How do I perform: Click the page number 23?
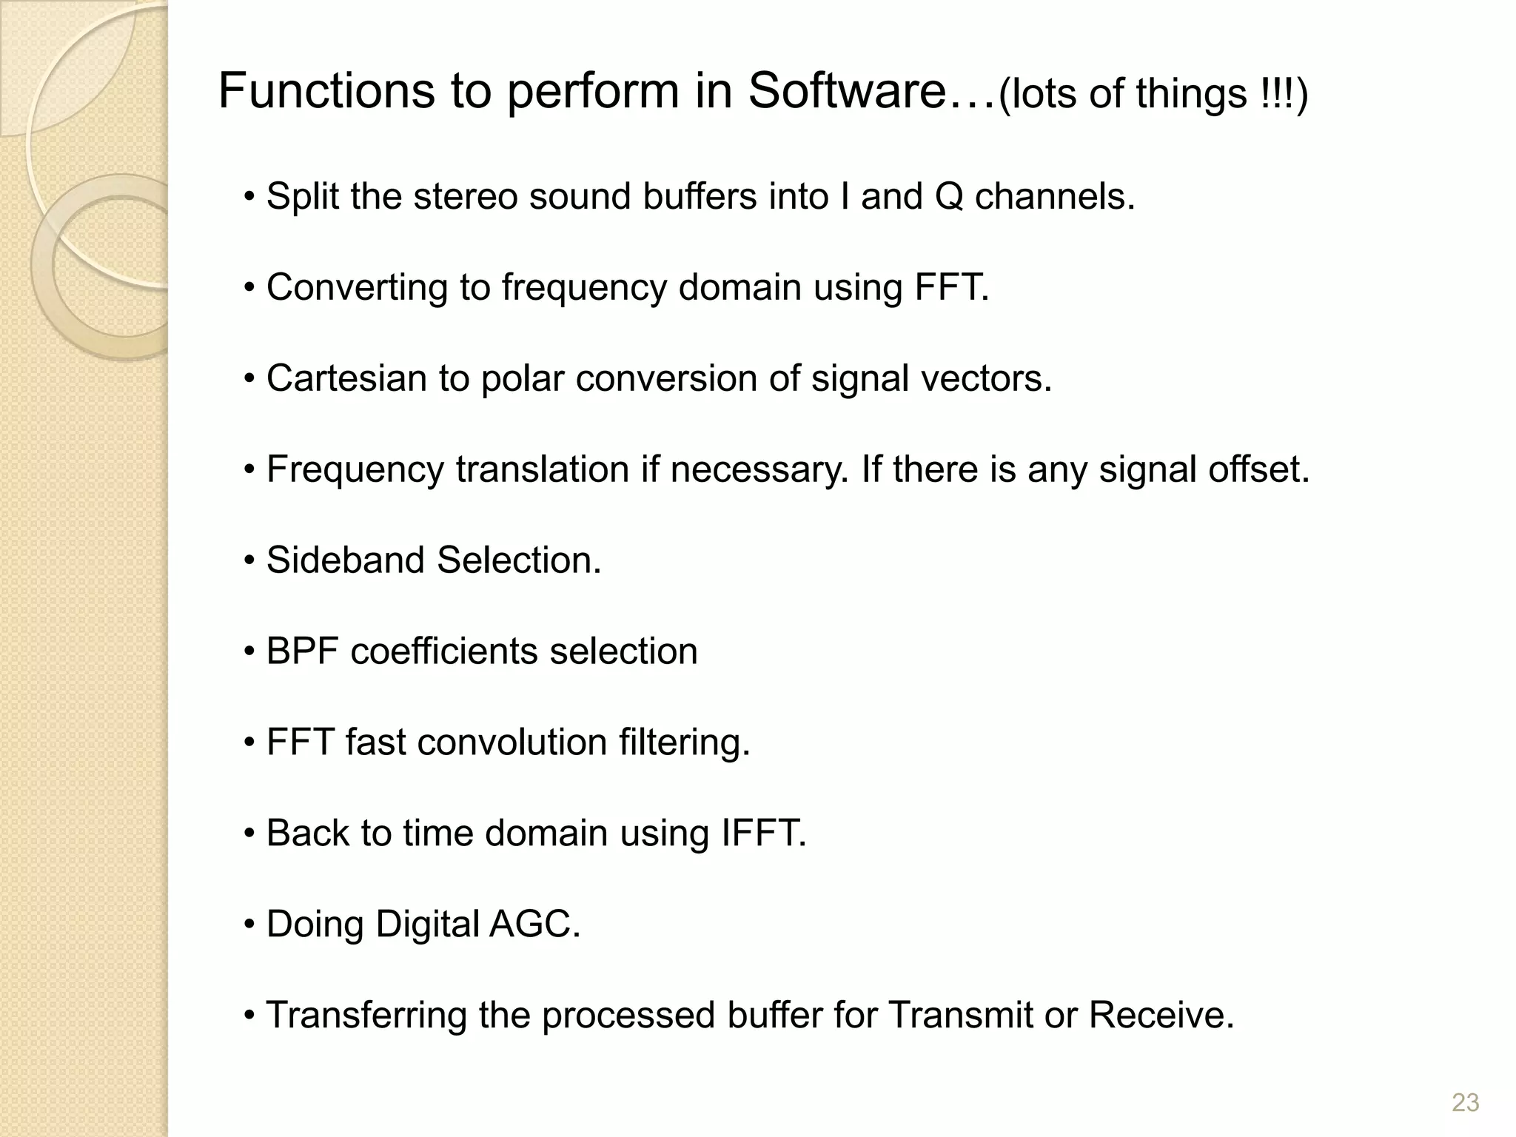click(x=1465, y=1103)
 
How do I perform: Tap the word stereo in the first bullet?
click(x=464, y=197)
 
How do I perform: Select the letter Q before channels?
click(x=949, y=198)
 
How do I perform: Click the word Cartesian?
click(x=346, y=378)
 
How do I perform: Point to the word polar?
click(x=522, y=378)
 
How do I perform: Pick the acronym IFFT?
click(x=762, y=834)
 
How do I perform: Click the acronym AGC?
click(x=534, y=925)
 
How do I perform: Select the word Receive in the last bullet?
click(x=1161, y=1016)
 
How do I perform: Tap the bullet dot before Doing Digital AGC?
click(x=249, y=925)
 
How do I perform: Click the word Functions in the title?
click(x=326, y=92)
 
